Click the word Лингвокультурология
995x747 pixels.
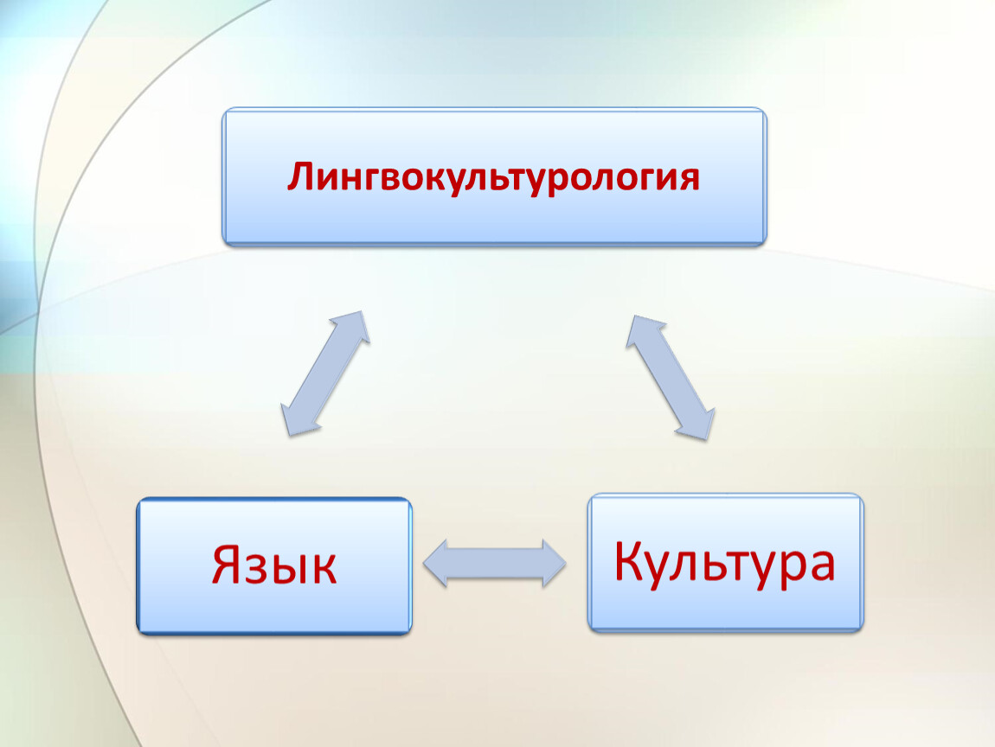493,177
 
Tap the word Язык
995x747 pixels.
274,565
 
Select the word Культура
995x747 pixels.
725,563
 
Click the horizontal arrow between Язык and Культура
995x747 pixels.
494,563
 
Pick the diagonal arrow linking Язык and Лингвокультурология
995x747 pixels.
325,373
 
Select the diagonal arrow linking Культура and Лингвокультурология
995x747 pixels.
670,378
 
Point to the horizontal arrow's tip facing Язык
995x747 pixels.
425,563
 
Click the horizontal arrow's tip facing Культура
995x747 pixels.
565,563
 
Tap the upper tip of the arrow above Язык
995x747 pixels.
362,311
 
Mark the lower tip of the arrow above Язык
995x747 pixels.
289,436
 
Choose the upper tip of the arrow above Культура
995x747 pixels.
634,316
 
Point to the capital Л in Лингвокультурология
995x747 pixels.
302,177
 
